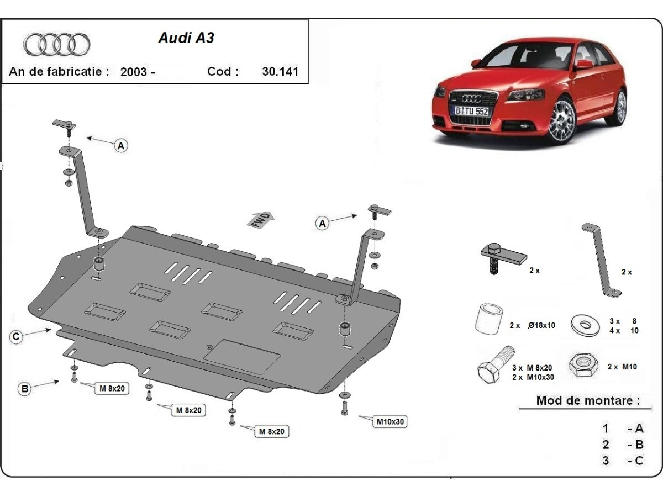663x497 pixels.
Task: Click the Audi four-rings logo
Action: click(x=57, y=44)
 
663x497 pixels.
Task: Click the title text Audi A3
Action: click(x=186, y=38)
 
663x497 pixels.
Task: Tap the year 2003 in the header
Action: click(x=133, y=72)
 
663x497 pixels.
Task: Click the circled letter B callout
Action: click(x=24, y=389)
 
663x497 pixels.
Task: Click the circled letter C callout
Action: click(x=17, y=336)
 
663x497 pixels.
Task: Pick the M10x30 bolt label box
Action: click(x=391, y=421)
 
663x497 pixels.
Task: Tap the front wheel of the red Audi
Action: click(x=562, y=120)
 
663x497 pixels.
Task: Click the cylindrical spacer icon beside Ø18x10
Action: click(x=488, y=319)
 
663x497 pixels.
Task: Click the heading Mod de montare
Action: click(x=588, y=400)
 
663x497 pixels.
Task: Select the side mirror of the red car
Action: click(x=583, y=64)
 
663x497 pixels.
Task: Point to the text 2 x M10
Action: click(x=622, y=367)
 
